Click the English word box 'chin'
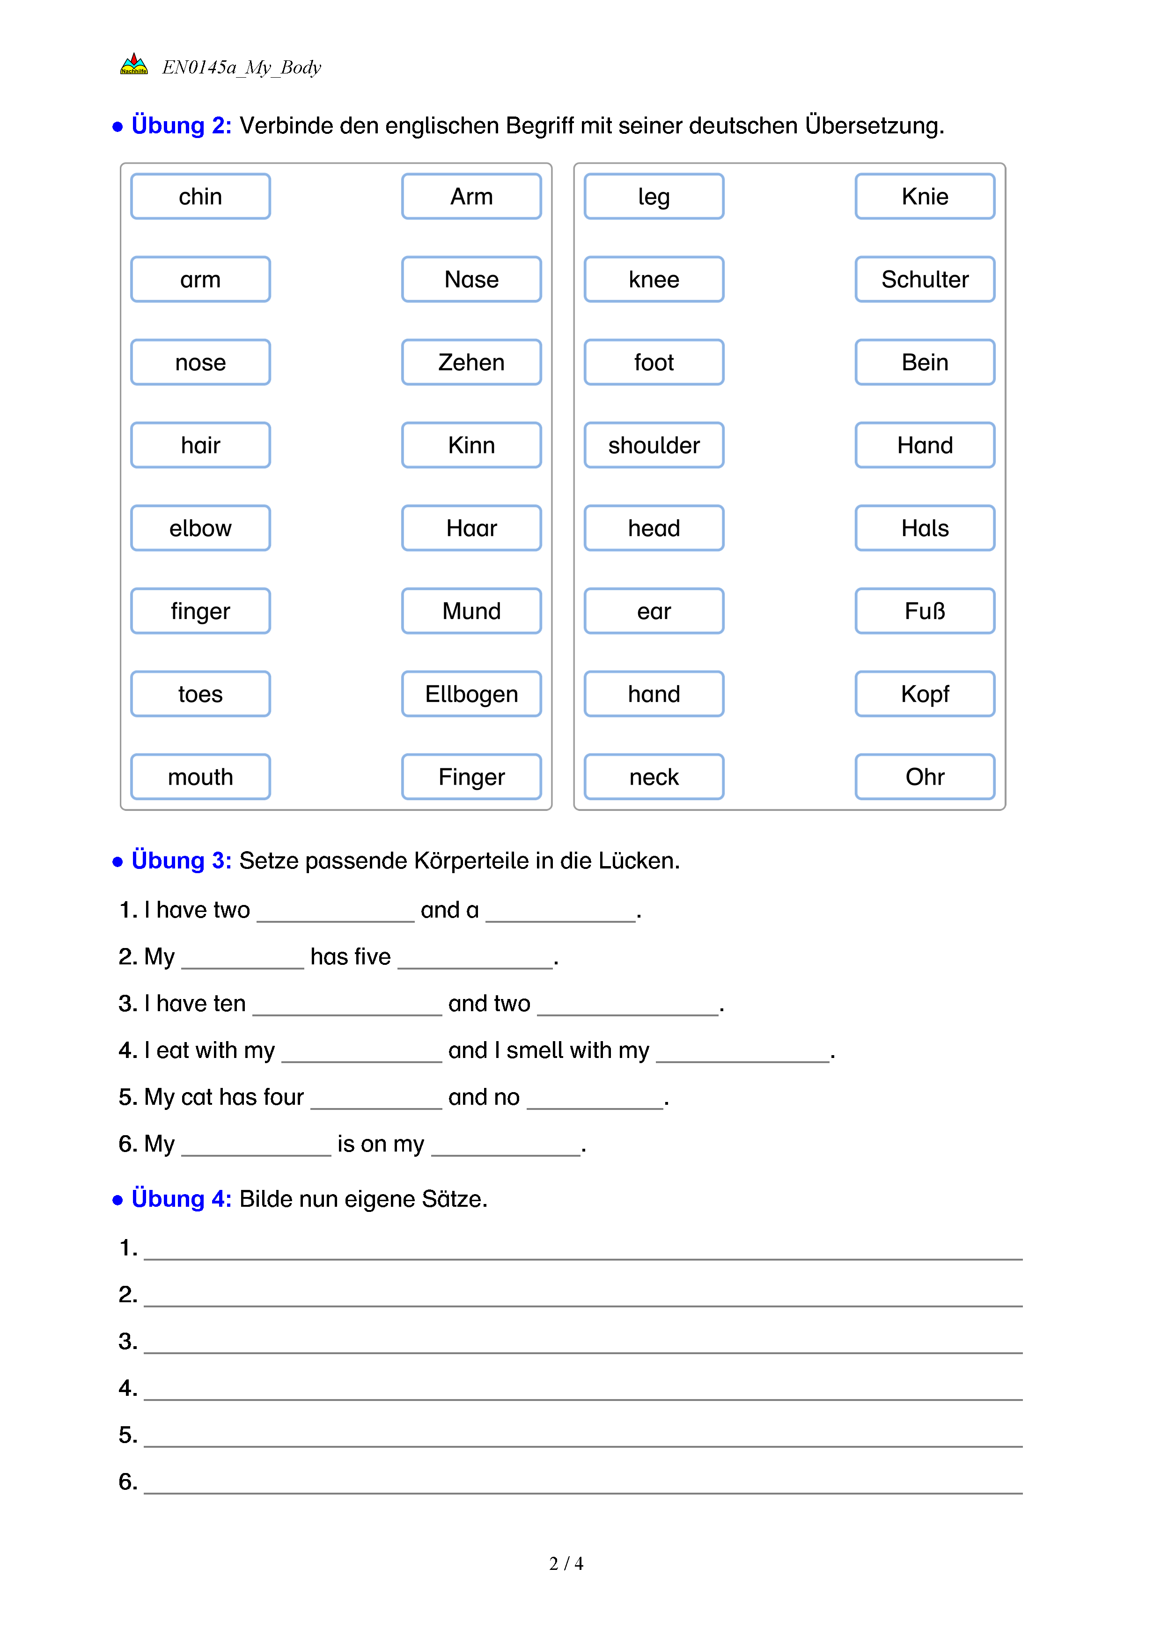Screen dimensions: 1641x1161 (x=200, y=197)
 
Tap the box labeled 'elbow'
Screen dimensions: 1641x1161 (x=200, y=528)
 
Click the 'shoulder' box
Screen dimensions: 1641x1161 (x=654, y=445)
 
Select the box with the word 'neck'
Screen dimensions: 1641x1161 (x=654, y=777)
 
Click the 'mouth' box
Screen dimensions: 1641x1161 (x=200, y=777)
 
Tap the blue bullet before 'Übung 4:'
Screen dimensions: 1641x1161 (x=118, y=1201)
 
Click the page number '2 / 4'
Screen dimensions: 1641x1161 (x=566, y=1564)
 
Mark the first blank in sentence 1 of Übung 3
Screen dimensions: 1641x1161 (x=335, y=915)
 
